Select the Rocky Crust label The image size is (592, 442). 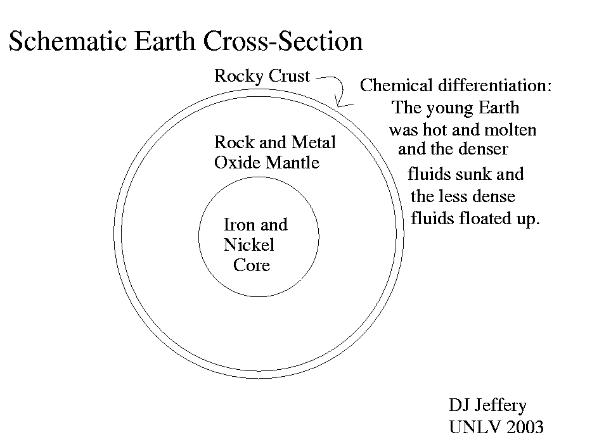[x=262, y=76]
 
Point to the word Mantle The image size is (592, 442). [x=292, y=163]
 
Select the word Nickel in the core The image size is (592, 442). [x=249, y=244]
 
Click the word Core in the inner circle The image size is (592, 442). [x=251, y=265]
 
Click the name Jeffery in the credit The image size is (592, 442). [x=501, y=405]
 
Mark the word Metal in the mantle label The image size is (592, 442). [x=313, y=142]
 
